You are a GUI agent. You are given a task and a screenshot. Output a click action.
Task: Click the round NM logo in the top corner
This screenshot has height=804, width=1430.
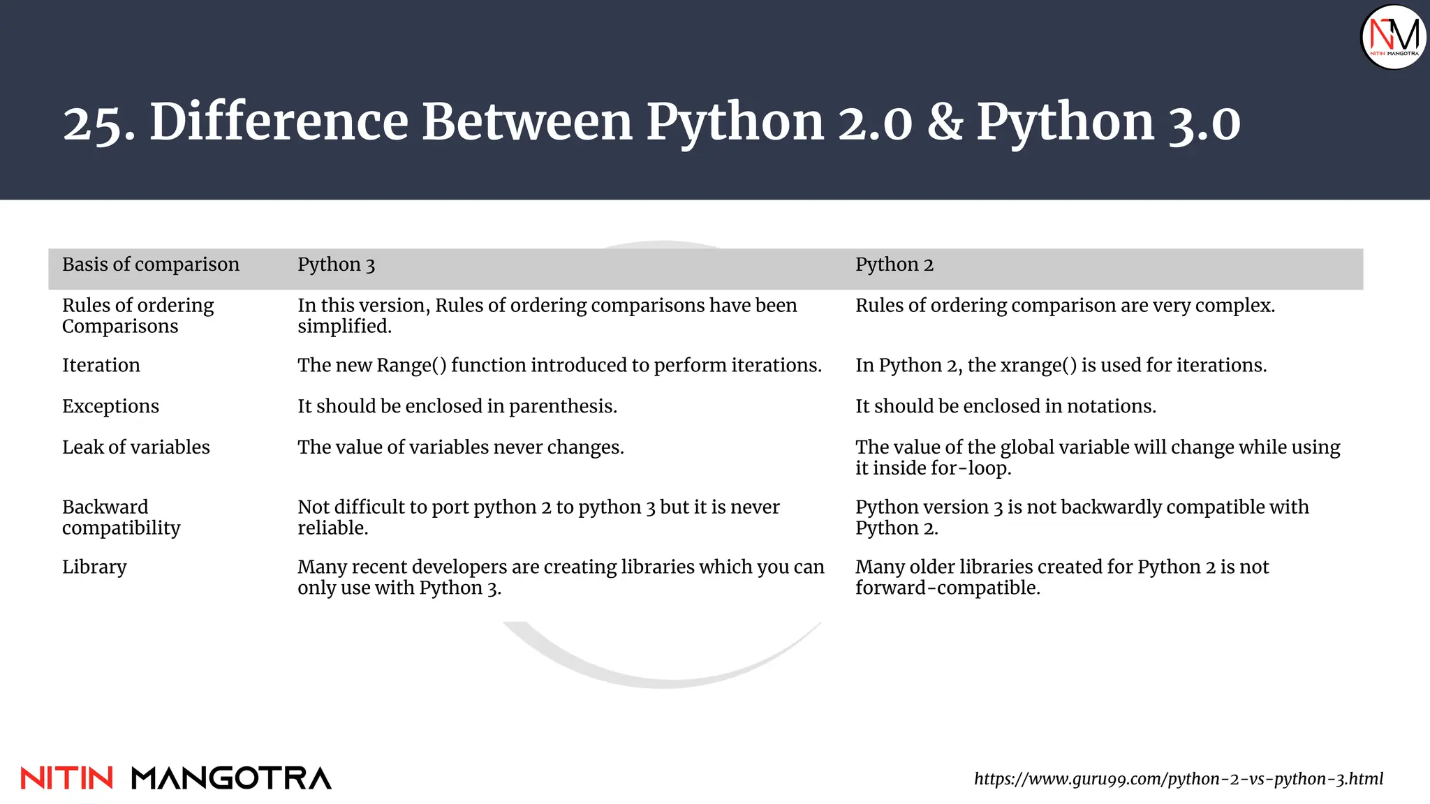pos(1394,37)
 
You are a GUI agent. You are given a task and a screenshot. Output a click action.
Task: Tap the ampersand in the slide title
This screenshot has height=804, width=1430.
pos(945,122)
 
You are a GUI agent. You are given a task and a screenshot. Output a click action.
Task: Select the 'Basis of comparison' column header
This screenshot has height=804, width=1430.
pos(151,265)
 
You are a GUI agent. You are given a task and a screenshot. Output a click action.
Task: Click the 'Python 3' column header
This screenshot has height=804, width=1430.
pos(336,265)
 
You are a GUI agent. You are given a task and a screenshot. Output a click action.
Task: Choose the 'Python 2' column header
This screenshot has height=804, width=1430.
pos(894,265)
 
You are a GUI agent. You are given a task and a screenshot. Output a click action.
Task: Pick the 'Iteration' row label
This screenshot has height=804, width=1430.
pos(101,365)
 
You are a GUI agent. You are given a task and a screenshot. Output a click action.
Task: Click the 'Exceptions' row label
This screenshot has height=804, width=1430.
pos(110,406)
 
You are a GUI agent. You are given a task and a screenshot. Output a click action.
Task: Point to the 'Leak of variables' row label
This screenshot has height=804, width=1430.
pos(136,447)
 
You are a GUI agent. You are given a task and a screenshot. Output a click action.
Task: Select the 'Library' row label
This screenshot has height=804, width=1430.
pos(94,567)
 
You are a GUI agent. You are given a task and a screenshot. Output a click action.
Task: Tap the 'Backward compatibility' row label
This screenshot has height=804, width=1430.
pos(121,517)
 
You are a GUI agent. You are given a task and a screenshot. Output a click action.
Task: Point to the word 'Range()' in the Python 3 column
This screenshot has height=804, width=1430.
pos(411,366)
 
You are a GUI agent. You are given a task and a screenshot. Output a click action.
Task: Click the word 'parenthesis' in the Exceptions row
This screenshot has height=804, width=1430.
pos(563,406)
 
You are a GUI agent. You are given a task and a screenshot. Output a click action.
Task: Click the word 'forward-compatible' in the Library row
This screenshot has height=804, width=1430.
pos(948,588)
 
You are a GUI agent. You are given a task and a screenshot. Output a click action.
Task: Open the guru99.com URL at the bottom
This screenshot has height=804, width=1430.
pos(1179,779)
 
